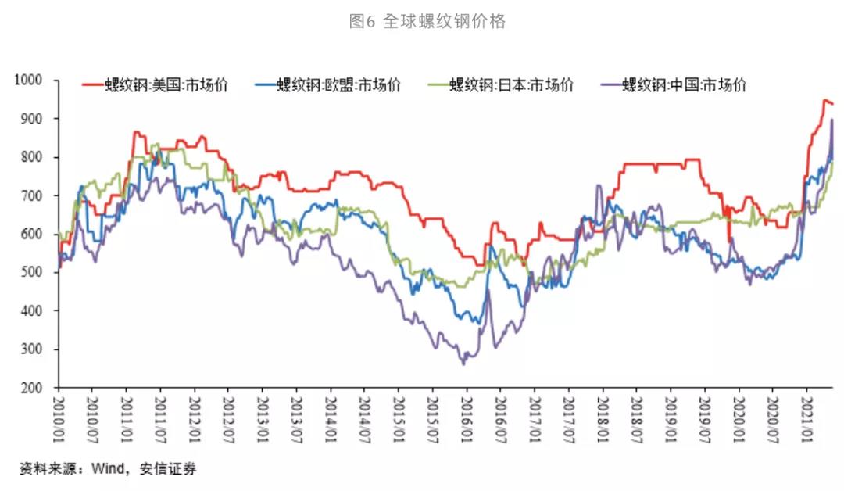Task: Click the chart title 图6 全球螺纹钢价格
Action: pos(427,22)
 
